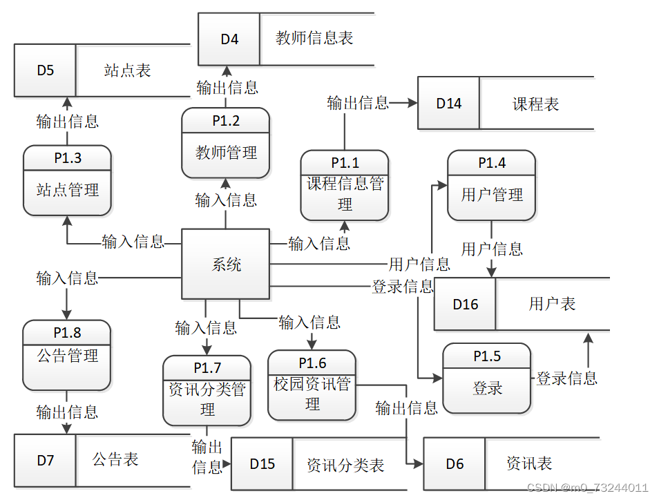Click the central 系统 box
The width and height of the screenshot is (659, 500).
tap(225, 264)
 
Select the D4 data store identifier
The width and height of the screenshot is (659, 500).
tap(229, 39)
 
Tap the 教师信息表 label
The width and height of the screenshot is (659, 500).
tap(314, 39)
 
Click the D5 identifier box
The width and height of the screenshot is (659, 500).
tap(45, 70)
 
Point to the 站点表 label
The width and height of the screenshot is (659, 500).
tap(127, 70)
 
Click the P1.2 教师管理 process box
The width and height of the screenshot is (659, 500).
tap(225, 143)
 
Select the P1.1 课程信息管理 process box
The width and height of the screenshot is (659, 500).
tap(345, 185)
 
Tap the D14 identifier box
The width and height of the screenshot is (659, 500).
tap(448, 104)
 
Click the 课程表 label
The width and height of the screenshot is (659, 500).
tap(535, 104)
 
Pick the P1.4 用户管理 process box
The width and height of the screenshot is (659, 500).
tap(491, 185)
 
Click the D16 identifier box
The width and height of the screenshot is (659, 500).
tap(465, 305)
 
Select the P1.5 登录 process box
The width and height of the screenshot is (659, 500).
tap(487, 378)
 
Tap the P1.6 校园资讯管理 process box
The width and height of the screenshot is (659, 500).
tap(312, 385)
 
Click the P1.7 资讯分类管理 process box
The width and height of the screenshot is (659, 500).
tap(207, 390)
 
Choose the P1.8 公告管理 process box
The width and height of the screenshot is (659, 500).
tap(67, 355)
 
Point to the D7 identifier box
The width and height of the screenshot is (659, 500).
tap(45, 460)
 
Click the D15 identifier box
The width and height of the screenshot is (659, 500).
tap(262, 464)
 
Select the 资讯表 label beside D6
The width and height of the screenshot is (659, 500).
tap(528, 463)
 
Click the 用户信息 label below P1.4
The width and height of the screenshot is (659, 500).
tap(492, 249)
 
